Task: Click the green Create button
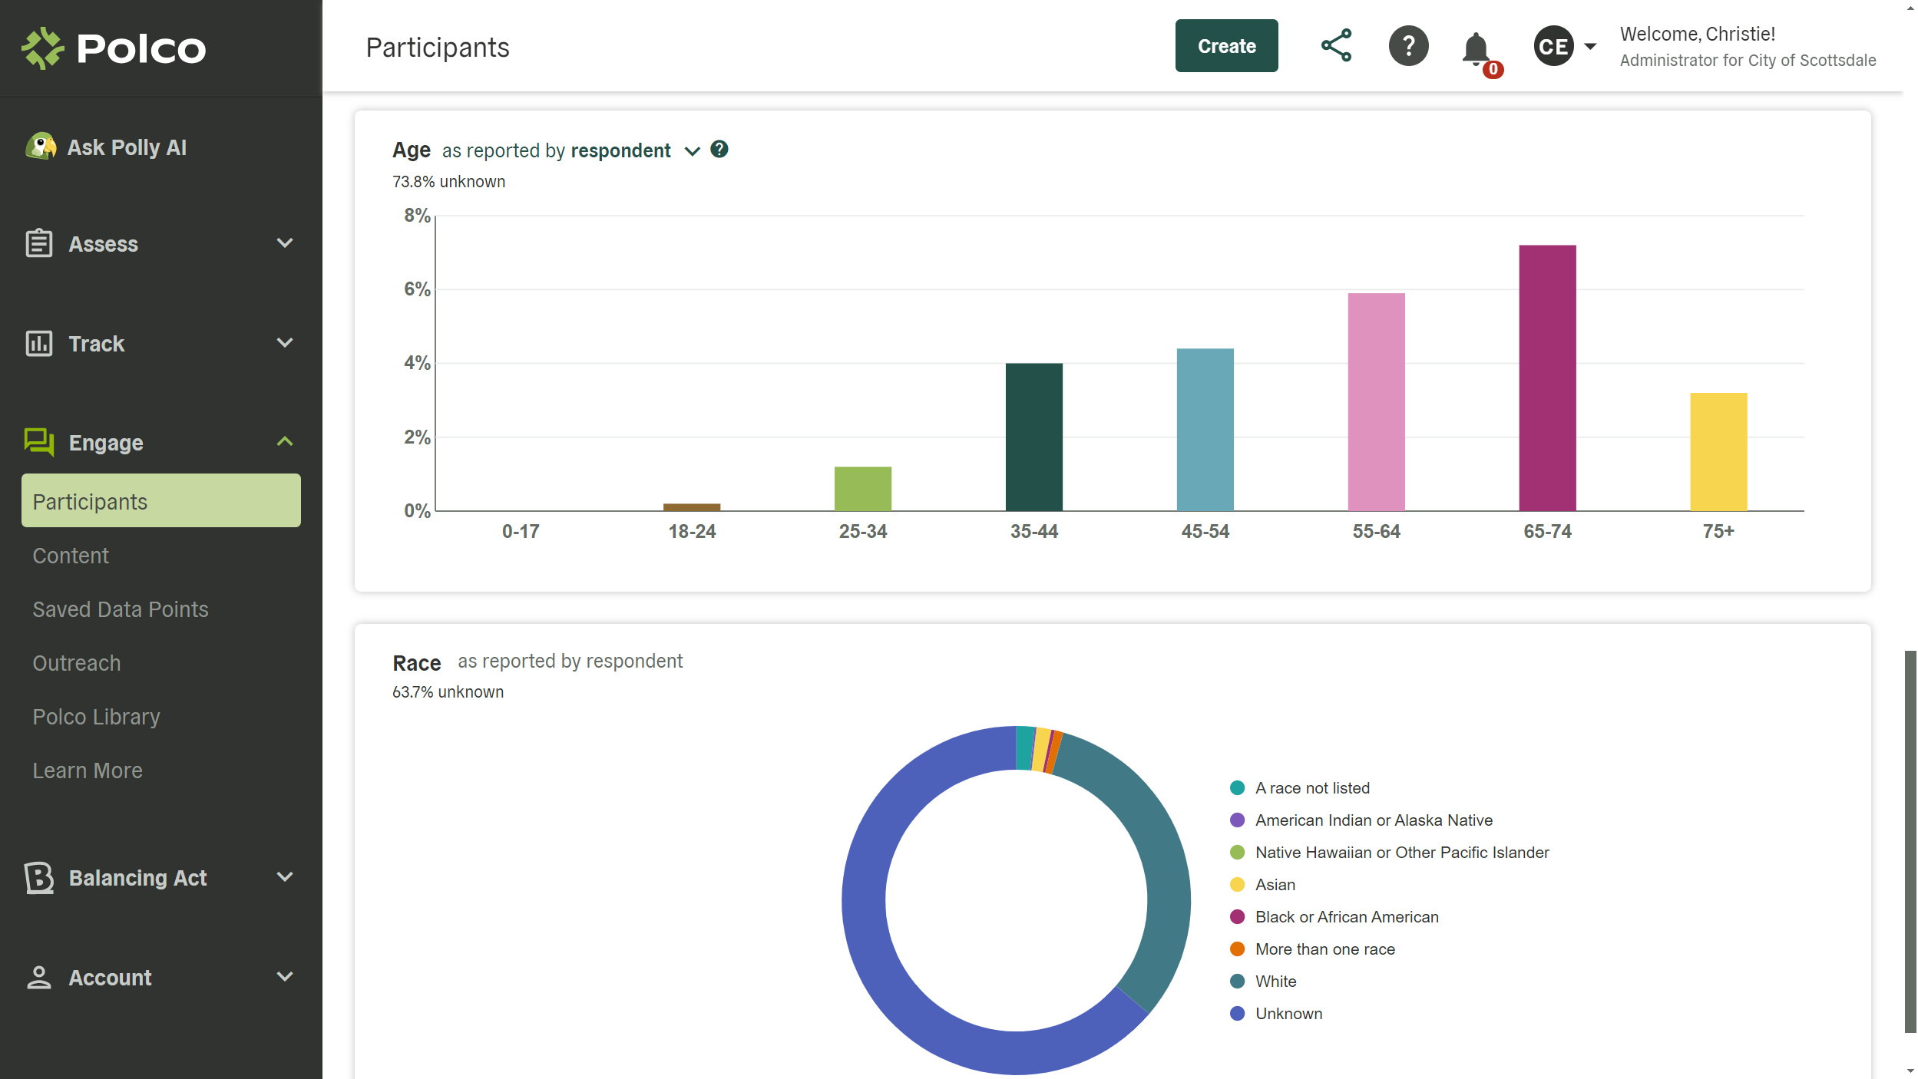1226,46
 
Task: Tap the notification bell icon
1475,49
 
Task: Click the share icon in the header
1336,46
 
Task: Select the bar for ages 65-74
1547,378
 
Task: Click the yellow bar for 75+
1718,451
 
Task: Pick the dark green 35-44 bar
1033,437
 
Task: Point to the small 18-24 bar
692,507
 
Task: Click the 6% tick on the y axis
417,289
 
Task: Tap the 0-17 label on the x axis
521,531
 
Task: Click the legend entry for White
1275,982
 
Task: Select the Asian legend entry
1275,885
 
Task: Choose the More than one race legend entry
1324,949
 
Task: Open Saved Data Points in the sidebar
121,609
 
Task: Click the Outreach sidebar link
77,663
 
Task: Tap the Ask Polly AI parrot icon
41,146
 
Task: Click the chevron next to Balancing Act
285,877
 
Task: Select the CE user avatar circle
1553,47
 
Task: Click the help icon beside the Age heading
719,149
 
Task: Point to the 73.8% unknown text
448,182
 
